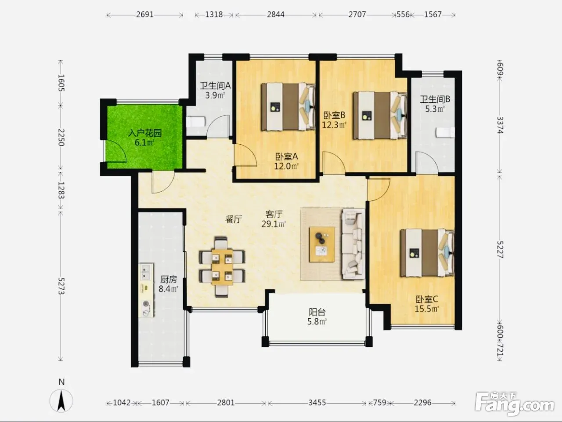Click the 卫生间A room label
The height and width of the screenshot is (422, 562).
[x=215, y=86]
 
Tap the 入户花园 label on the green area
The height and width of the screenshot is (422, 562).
[x=145, y=133]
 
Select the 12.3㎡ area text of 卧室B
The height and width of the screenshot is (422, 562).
[x=334, y=125]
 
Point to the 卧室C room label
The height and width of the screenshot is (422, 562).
[x=427, y=299]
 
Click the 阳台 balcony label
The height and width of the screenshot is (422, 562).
[x=317, y=312]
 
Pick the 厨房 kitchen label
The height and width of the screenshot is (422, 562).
[x=169, y=279]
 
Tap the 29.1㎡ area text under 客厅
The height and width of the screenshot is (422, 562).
[x=274, y=224]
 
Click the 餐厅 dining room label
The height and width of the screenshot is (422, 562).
[x=234, y=219]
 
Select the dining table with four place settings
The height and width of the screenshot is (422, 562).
[x=222, y=267]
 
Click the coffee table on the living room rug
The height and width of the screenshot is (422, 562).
[x=322, y=244]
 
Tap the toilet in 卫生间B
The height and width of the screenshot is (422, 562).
[x=445, y=132]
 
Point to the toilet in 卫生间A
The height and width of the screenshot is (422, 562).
[x=196, y=122]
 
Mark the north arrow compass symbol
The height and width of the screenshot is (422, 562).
[x=61, y=400]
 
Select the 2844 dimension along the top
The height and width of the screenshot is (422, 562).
[x=276, y=15]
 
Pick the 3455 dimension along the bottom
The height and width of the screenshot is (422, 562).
[x=317, y=403]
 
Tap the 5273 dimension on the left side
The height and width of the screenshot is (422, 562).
[x=61, y=286]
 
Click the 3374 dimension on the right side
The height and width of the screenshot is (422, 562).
[x=500, y=125]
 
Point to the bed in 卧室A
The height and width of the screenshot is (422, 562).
[x=288, y=106]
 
